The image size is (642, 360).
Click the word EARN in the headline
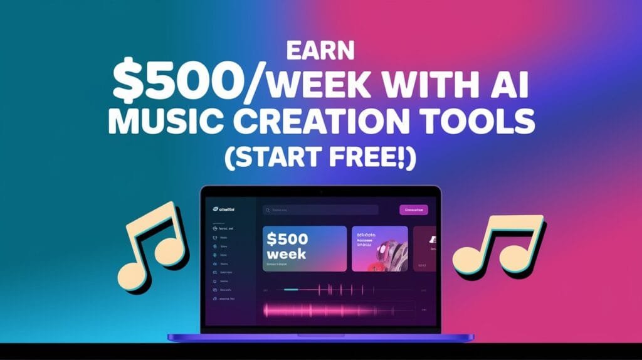tap(320, 50)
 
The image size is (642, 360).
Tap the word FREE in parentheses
tap(366, 156)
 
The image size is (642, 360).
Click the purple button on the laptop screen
tap(413, 209)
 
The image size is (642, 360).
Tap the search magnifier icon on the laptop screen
tap(267, 210)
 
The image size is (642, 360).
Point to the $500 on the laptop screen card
tap(287, 239)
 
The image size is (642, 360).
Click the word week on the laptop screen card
tap(286, 254)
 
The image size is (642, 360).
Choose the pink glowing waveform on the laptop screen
tap(326, 309)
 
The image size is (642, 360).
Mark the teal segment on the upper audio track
tap(291, 290)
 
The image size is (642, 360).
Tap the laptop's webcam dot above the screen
tap(321, 191)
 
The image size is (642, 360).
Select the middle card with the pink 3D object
tap(379, 249)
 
